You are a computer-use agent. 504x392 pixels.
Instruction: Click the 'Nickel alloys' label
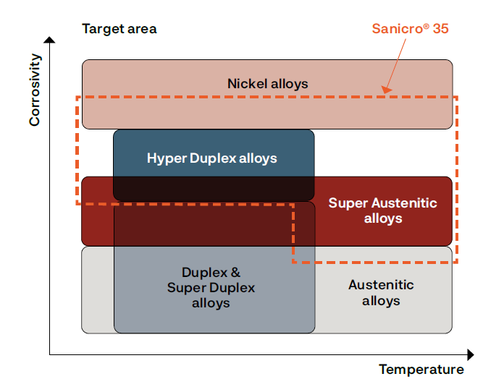coord(267,84)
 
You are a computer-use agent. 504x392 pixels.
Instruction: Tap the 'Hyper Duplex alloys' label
coord(211,158)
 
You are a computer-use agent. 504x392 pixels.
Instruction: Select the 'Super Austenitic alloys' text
coord(383,210)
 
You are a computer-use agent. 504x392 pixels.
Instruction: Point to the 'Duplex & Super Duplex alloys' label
coord(211,287)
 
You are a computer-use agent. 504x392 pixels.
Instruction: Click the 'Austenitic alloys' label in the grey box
coord(381,292)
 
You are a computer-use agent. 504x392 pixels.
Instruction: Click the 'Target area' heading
coord(119,29)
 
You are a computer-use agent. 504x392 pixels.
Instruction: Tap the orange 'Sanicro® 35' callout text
coord(411,29)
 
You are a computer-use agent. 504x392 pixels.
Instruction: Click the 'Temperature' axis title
coord(421,370)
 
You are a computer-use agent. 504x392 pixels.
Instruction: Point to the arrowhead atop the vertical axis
coord(49,40)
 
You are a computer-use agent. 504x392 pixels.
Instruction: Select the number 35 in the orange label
coord(440,29)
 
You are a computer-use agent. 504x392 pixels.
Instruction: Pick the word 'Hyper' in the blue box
coord(164,158)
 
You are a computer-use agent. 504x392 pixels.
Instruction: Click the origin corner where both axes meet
coord(50,354)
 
